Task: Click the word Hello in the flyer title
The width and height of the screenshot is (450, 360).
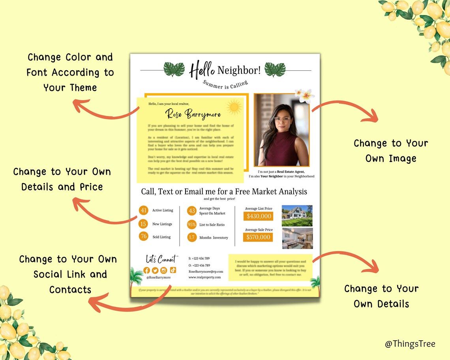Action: [202, 70]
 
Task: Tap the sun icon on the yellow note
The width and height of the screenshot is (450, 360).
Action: [234, 107]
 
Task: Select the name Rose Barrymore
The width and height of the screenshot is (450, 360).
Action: [193, 114]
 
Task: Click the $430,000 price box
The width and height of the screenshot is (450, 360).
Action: [259, 216]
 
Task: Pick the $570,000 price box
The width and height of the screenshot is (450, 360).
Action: [259, 237]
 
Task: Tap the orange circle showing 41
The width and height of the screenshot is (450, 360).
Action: [144, 210]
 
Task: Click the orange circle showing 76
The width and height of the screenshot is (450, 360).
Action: [144, 236]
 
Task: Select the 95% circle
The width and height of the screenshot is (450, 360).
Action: [192, 225]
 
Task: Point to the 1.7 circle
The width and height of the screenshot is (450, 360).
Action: [192, 237]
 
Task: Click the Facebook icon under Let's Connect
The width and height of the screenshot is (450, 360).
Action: [146, 270]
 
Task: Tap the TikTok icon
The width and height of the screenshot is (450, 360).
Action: [173, 270]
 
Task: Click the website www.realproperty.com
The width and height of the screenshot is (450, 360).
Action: [204, 277]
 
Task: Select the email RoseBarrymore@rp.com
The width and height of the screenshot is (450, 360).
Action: [206, 272]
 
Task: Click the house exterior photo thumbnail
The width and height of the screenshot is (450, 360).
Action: [297, 216]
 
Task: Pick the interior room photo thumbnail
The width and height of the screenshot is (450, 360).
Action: [297, 238]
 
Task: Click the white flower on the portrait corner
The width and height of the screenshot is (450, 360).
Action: [305, 95]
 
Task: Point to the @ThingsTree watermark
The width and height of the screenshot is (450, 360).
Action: [410, 344]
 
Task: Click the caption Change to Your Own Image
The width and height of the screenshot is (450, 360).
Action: [391, 151]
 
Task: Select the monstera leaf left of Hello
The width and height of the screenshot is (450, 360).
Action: [174, 69]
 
